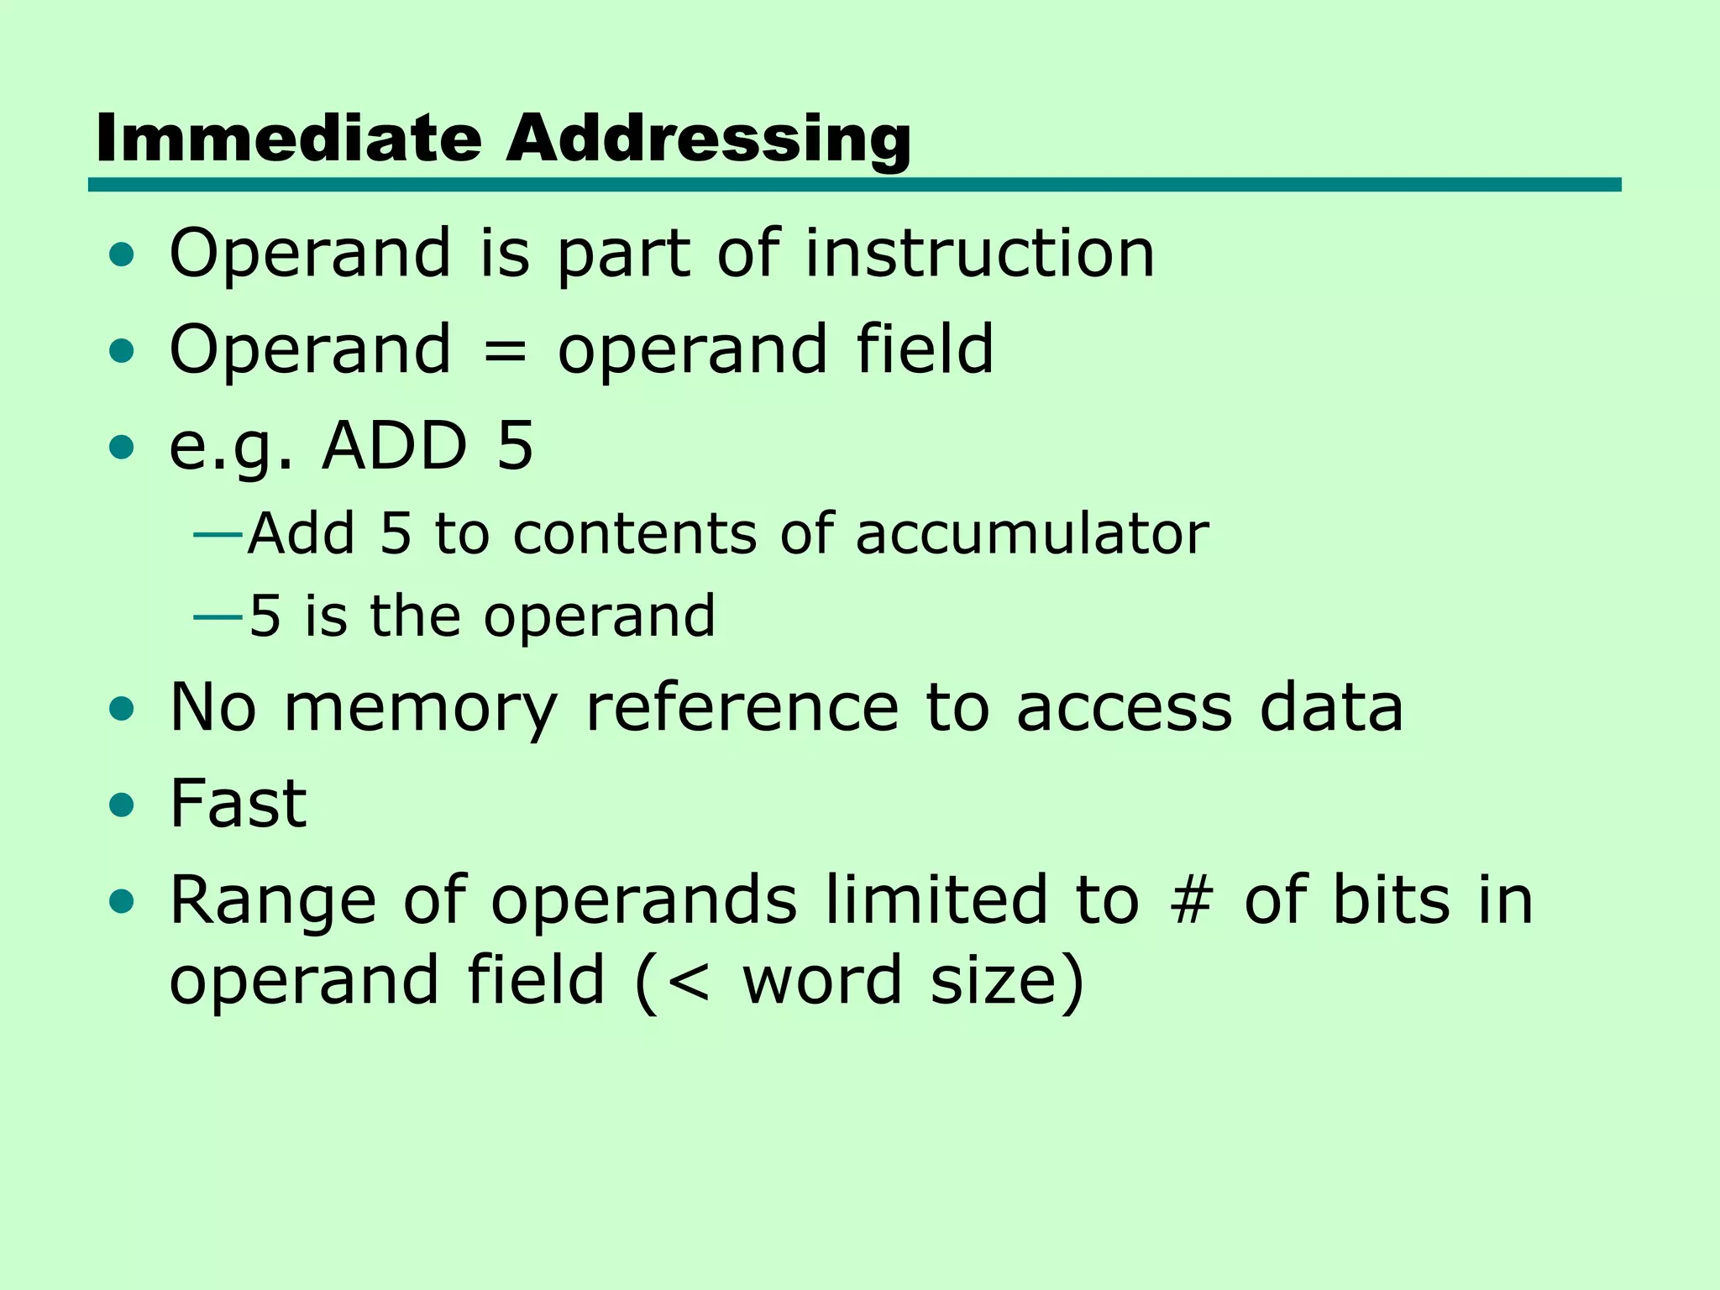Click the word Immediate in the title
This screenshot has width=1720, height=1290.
point(288,138)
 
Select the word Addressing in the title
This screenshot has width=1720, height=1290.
point(708,139)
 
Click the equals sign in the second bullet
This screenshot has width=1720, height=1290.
point(505,352)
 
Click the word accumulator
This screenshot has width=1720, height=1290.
point(1032,533)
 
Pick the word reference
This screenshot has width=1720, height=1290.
point(741,707)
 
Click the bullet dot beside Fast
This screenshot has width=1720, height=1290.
point(122,805)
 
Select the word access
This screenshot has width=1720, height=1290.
point(1124,709)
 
